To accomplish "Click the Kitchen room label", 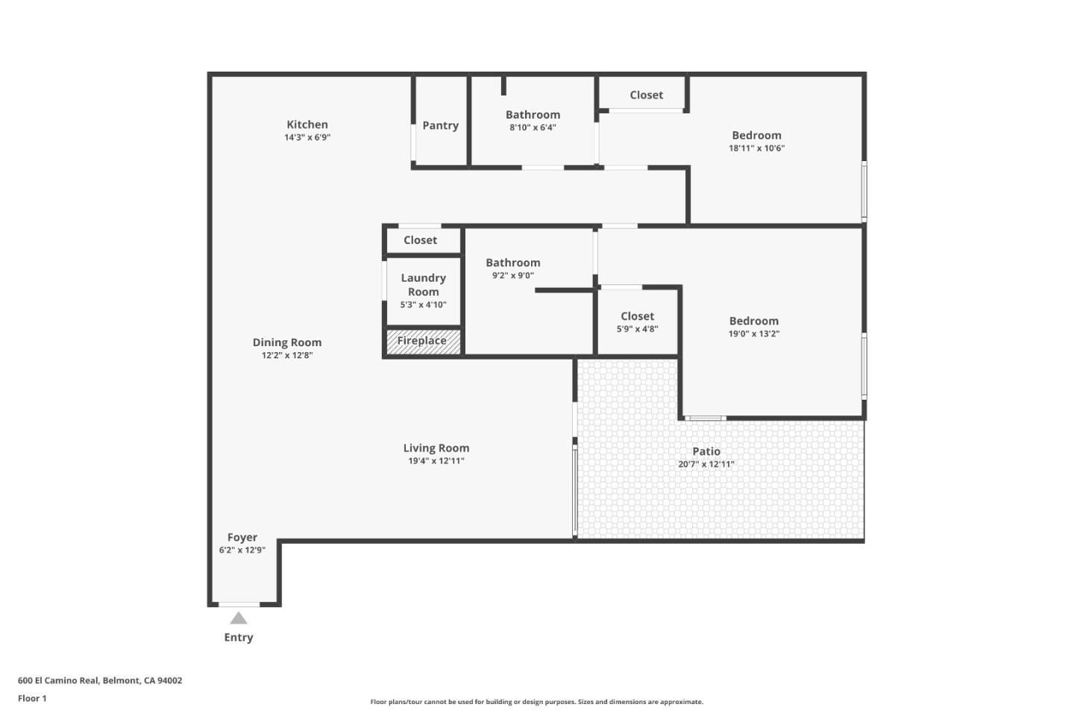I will tap(307, 125).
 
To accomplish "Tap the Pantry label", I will tap(440, 125).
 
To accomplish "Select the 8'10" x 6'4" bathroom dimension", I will tap(533, 128).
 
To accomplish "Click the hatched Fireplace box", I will tap(422, 341).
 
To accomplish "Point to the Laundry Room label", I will tap(423, 284).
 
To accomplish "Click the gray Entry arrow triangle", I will tap(239, 618).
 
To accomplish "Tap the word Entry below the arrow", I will tap(239, 638).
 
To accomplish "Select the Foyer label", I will tap(242, 537).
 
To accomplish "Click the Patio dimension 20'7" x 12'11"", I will tap(706, 464).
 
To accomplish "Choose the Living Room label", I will tap(436, 448).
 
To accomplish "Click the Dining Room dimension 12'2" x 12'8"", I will tap(287, 356).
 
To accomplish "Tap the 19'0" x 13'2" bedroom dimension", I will tap(754, 334).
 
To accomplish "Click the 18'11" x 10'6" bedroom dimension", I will tap(756, 148).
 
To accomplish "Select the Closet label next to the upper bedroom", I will tap(646, 95).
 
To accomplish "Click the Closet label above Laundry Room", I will tap(420, 240).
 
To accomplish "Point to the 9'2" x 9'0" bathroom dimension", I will tap(513, 276).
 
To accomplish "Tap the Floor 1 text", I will tap(32, 699).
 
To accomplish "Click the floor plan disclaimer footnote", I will tap(536, 702).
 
